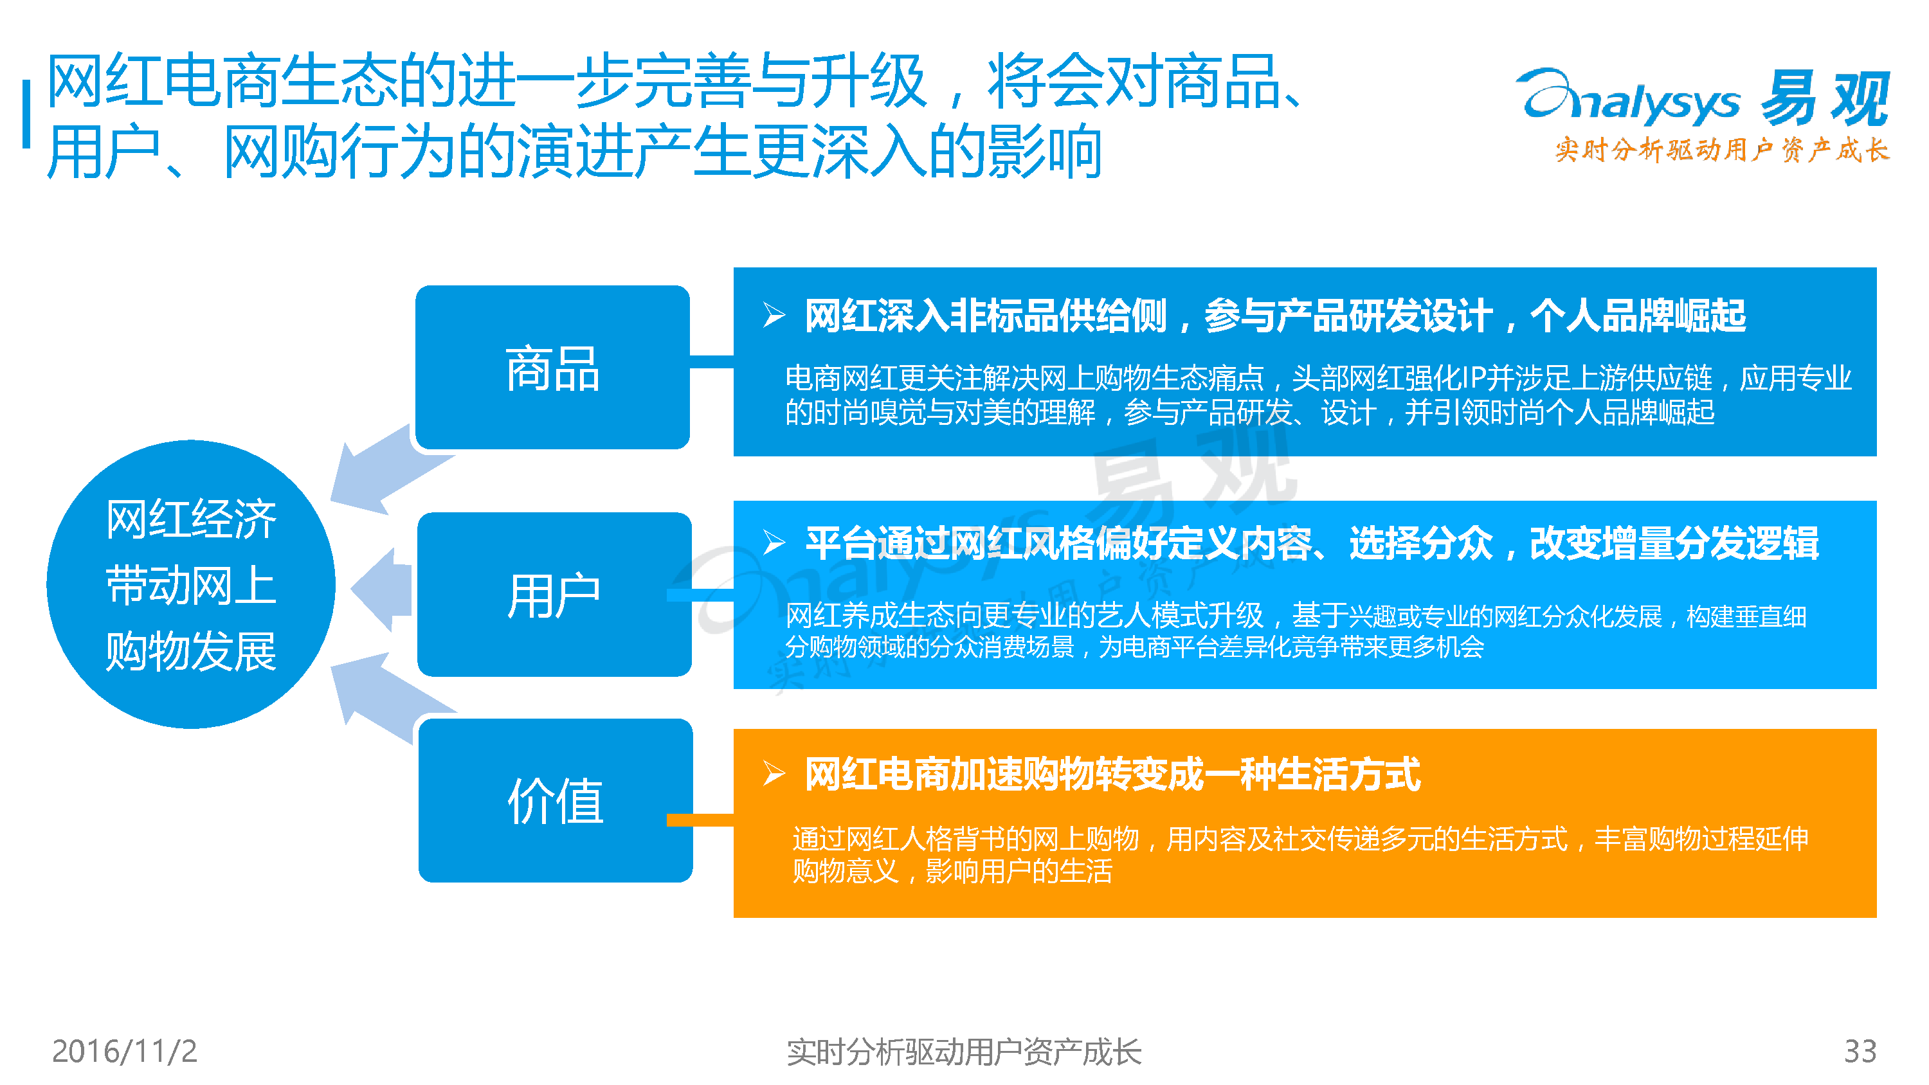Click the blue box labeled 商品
coord(552,367)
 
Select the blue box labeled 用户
coord(554,595)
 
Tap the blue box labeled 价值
coord(556,800)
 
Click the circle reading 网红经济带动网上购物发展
coord(191,584)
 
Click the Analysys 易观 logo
coord(1703,97)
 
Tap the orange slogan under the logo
coord(1723,150)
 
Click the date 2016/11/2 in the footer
coord(124,1052)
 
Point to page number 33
coord(1860,1052)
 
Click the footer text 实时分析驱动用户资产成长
coord(964,1052)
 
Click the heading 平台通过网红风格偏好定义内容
coord(1059,544)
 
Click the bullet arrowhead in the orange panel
coord(774,773)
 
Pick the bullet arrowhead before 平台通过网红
coord(774,542)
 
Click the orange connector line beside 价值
coord(700,820)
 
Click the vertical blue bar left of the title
coord(27,114)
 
